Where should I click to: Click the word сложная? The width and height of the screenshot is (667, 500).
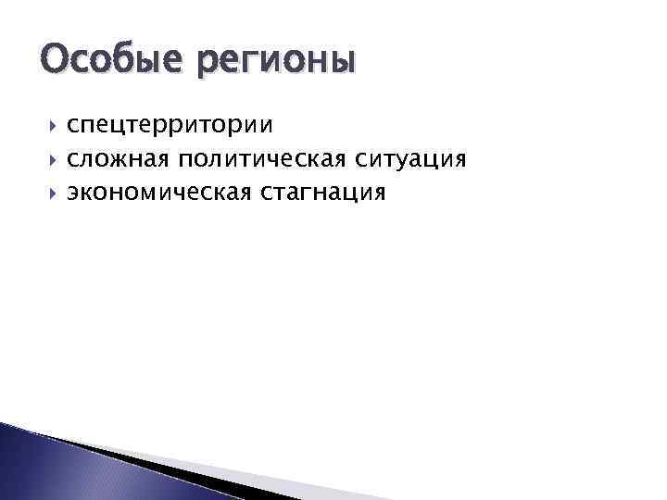pos(118,159)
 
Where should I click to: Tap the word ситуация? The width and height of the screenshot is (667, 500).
pos(407,159)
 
